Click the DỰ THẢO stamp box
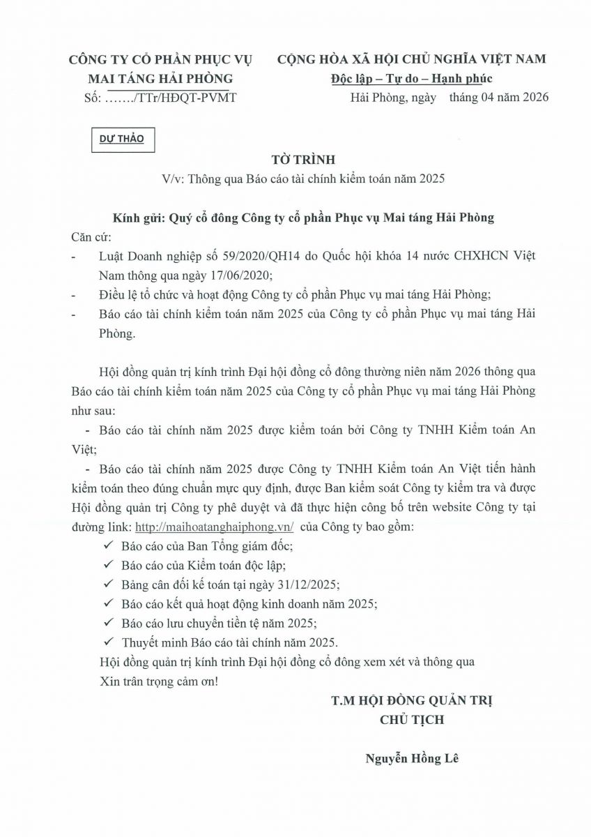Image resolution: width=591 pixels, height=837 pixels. point(121,139)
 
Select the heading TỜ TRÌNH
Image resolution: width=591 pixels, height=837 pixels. point(295,159)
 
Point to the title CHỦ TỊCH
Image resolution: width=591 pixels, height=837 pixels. point(412,720)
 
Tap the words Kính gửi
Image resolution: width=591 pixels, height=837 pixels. point(138,218)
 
